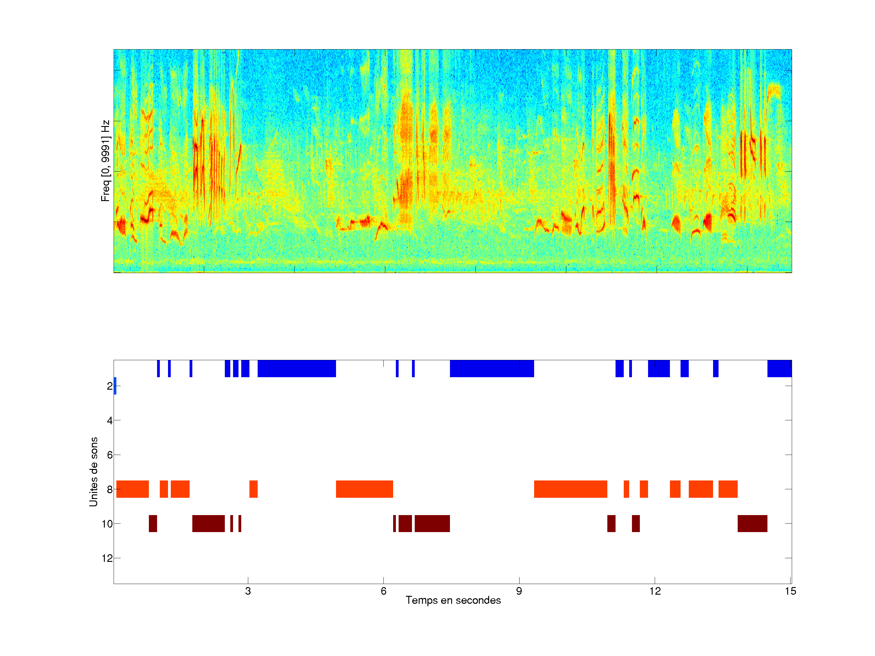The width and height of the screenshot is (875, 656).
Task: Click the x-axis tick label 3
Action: pyautogui.click(x=248, y=591)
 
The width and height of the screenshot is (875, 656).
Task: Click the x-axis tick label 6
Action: pyautogui.click(x=383, y=591)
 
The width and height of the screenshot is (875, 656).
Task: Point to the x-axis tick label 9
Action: pyautogui.click(x=519, y=591)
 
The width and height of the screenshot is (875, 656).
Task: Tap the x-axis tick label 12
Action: pyautogui.click(x=655, y=591)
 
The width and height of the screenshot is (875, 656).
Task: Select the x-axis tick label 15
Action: pyautogui.click(x=790, y=591)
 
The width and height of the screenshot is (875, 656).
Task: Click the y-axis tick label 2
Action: pyautogui.click(x=110, y=386)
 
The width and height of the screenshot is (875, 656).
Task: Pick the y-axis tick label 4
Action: pyautogui.click(x=110, y=420)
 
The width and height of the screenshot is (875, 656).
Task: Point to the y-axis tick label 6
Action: pyautogui.click(x=110, y=455)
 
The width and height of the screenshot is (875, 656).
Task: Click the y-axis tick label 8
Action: pyautogui.click(x=110, y=490)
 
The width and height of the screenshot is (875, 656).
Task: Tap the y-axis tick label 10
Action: pyautogui.click(x=107, y=524)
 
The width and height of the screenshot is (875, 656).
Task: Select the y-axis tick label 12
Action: pyautogui.click(x=107, y=558)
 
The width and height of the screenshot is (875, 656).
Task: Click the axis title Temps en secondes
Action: pyautogui.click(x=453, y=600)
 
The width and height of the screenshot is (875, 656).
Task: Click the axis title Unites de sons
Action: pyautogui.click(x=93, y=472)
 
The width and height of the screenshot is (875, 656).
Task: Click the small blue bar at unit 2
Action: pyautogui.click(x=115, y=386)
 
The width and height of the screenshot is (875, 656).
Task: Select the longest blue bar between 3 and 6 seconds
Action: pyautogui.click(x=297, y=368)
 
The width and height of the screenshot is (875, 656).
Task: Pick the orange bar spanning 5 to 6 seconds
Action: pyautogui.click(x=364, y=489)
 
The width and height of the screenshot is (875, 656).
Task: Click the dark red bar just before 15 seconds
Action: pyautogui.click(x=752, y=524)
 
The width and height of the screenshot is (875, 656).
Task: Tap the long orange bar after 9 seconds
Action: pyautogui.click(x=570, y=489)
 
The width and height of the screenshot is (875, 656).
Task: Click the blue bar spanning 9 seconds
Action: pyautogui.click(x=492, y=368)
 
